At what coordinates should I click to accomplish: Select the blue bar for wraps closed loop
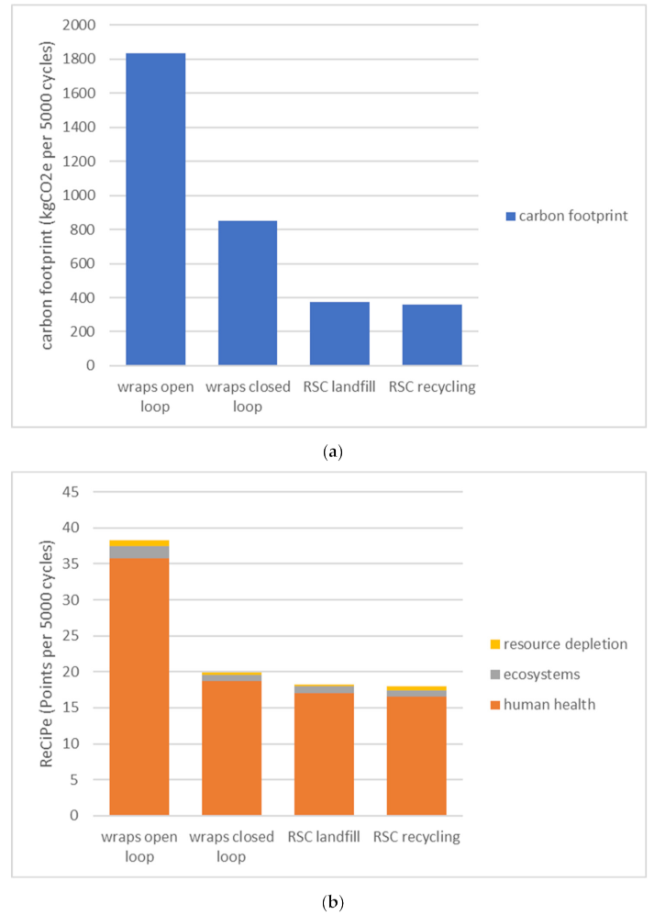[x=248, y=293]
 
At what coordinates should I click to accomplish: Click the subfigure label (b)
[x=327, y=901]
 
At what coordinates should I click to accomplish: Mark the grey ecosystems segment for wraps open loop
[x=139, y=552]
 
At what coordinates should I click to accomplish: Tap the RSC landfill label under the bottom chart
[x=324, y=837]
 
